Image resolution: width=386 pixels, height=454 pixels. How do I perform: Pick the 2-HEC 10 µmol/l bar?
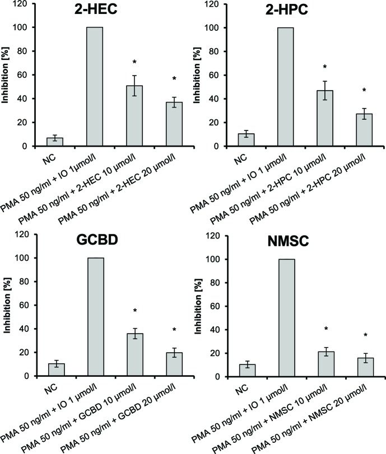(132, 116)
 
